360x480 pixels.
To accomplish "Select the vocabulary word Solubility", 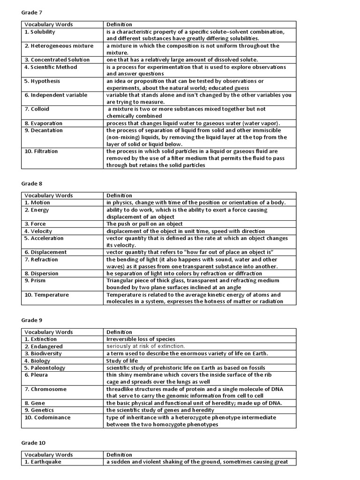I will (40, 32).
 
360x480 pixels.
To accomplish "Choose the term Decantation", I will (43, 130).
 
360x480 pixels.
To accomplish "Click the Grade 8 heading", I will (32, 184).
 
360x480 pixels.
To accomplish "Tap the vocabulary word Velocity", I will (38, 231).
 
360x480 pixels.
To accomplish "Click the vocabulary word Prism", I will (36, 280).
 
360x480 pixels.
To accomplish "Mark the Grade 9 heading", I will (32, 320).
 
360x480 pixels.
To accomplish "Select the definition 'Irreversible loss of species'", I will (141, 339).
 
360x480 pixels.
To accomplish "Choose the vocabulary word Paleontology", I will (45, 367).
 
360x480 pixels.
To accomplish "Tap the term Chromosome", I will (45, 389).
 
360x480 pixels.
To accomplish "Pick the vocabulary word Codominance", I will (47, 417).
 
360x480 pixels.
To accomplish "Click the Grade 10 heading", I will (33, 442).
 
